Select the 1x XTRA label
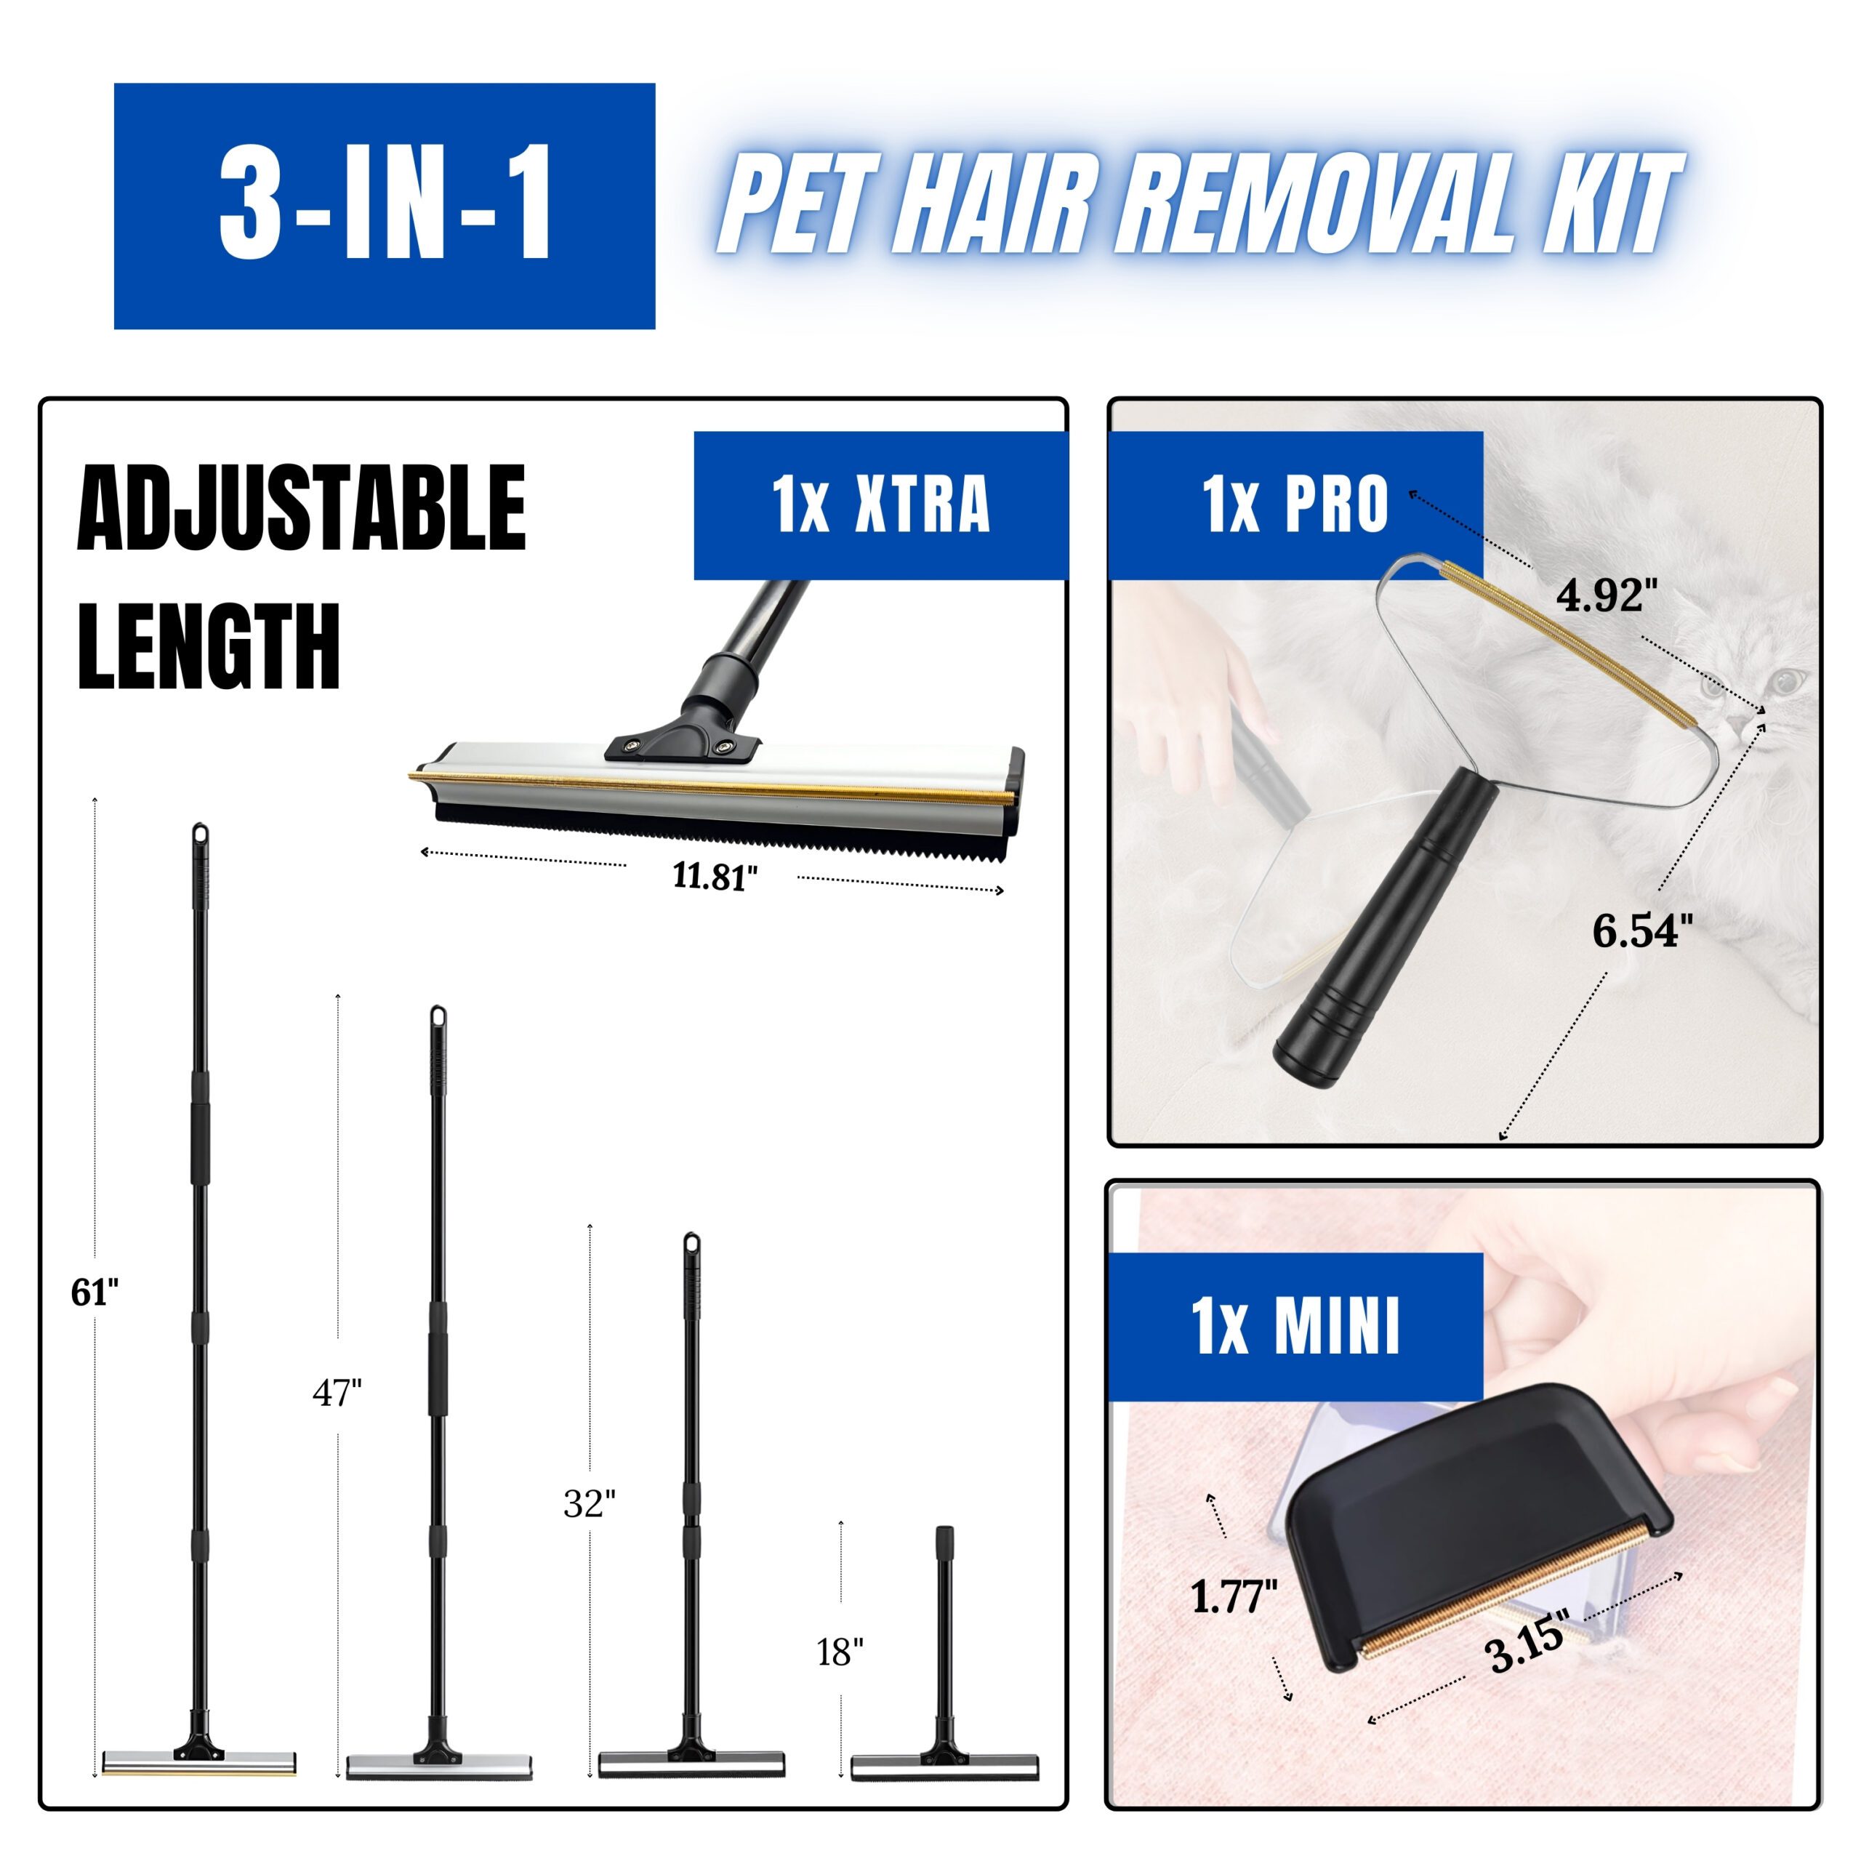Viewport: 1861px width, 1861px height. [x=880, y=504]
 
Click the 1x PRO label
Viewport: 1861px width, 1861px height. [x=1294, y=504]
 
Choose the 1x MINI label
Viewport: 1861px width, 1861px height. [x=1294, y=1327]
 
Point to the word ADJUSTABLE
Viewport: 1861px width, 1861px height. [x=302, y=507]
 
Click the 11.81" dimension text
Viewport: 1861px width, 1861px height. [x=715, y=877]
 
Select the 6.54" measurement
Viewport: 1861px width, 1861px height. [x=1641, y=931]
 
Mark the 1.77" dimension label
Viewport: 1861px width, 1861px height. [x=1234, y=1598]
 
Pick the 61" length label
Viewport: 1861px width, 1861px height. [x=95, y=1293]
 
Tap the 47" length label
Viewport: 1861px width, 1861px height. [x=337, y=1393]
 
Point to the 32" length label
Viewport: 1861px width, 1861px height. [x=590, y=1503]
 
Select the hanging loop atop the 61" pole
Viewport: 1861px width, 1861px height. [x=201, y=834]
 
